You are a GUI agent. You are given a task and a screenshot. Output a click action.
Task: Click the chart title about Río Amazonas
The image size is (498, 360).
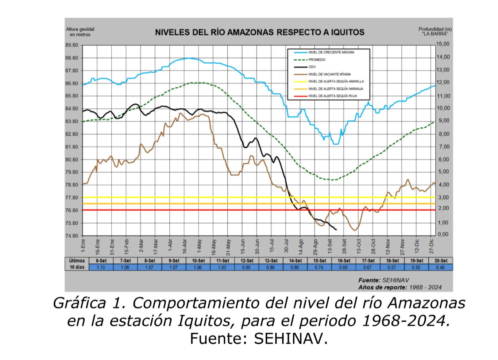coord(259,32)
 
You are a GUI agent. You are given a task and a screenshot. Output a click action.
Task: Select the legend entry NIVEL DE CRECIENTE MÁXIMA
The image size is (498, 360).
coord(331,53)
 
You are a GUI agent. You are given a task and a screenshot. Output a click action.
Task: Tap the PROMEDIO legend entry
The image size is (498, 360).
coord(317,60)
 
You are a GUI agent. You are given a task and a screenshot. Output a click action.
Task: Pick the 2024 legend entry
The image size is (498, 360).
coord(312,67)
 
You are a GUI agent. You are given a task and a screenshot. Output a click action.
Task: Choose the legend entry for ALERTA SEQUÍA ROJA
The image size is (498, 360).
coord(332,96)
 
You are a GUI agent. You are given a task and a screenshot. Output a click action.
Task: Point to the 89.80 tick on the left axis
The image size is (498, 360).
coord(72,45)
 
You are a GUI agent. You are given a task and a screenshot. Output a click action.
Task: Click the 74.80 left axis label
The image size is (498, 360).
coord(72,236)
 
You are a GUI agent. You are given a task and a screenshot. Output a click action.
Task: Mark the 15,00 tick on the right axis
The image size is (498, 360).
coord(443,44)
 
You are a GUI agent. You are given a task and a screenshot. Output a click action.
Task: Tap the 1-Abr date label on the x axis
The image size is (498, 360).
coord(170,247)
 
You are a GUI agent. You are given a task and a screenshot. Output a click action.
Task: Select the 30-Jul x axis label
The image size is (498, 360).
coord(286,246)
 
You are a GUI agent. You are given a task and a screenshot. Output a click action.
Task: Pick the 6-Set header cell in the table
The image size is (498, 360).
coord(101,261)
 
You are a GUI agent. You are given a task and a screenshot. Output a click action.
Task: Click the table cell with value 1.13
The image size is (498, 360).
coord(101,267)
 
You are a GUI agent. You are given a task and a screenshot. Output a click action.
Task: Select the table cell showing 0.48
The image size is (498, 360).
coord(440,267)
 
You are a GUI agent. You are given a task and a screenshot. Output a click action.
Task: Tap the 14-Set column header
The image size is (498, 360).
coord(295,261)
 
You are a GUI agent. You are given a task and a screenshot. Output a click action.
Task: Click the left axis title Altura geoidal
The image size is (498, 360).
coord(80,32)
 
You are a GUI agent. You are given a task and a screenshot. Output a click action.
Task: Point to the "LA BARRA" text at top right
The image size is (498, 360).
coord(435,34)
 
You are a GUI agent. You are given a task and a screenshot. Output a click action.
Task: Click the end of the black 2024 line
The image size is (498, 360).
coord(336,229)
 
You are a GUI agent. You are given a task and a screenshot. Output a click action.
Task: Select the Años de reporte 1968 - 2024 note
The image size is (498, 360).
coord(399,287)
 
